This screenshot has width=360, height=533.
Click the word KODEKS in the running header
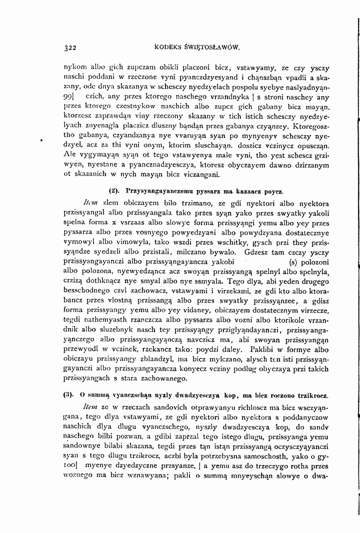click(x=169, y=48)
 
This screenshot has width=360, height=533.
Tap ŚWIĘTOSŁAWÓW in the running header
click(x=213, y=48)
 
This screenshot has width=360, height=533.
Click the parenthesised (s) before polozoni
click(x=292, y=262)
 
